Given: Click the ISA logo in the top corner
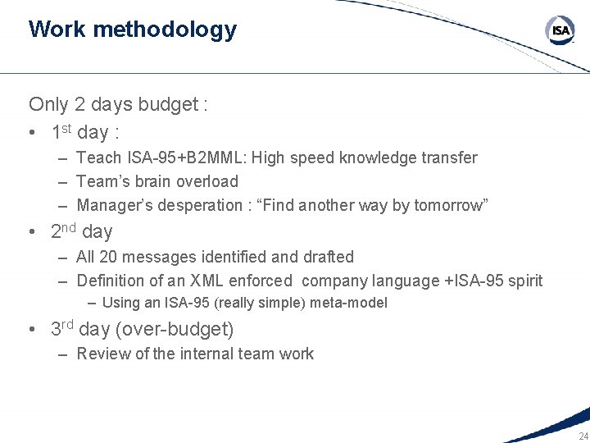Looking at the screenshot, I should click(x=560, y=31).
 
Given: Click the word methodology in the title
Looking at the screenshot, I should click(x=165, y=30).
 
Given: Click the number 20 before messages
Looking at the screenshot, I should click(x=107, y=257).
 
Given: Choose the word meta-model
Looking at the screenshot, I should click(x=349, y=303).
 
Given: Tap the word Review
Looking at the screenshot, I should click(x=101, y=354).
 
